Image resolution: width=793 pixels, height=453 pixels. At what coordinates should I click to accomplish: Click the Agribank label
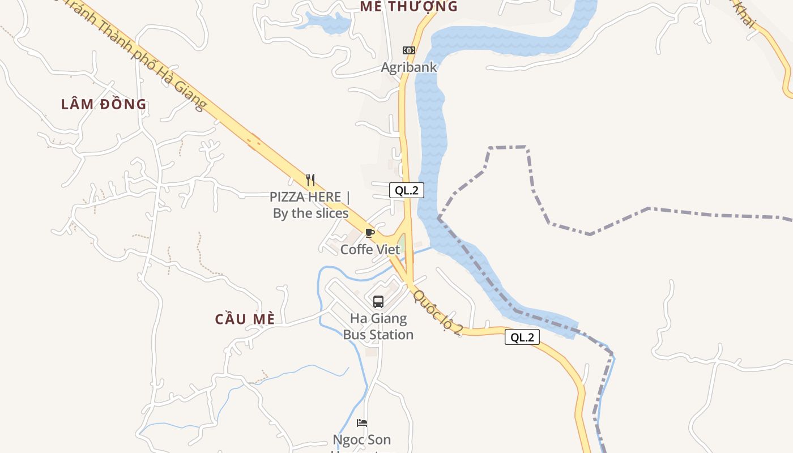tap(408, 67)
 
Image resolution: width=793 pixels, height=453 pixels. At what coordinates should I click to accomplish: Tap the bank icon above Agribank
tap(408, 50)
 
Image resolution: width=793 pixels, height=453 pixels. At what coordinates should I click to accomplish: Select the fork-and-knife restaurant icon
tap(310, 180)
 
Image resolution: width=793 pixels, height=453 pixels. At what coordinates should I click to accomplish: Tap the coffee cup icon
tap(370, 233)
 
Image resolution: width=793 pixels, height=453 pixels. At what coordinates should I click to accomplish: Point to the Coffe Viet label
tap(370, 249)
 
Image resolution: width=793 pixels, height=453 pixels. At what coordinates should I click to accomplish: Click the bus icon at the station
tap(378, 302)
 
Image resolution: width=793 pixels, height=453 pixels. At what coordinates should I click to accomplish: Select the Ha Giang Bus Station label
tap(378, 326)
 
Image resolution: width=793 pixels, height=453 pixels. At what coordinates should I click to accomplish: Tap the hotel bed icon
tap(362, 423)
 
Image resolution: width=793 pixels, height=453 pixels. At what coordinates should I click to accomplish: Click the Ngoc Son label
tap(361, 440)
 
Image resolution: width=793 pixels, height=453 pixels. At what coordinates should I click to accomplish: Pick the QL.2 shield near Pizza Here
tap(406, 190)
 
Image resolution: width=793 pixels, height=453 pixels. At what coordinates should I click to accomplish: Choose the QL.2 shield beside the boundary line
tap(522, 337)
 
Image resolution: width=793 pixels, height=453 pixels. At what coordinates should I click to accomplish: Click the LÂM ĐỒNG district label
tap(104, 104)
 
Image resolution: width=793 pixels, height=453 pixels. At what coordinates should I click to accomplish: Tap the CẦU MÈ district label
tap(245, 319)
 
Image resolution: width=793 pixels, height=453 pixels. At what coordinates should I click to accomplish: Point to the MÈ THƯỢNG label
tap(408, 6)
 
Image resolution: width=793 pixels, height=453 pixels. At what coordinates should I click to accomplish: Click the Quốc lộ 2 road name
tap(438, 312)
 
